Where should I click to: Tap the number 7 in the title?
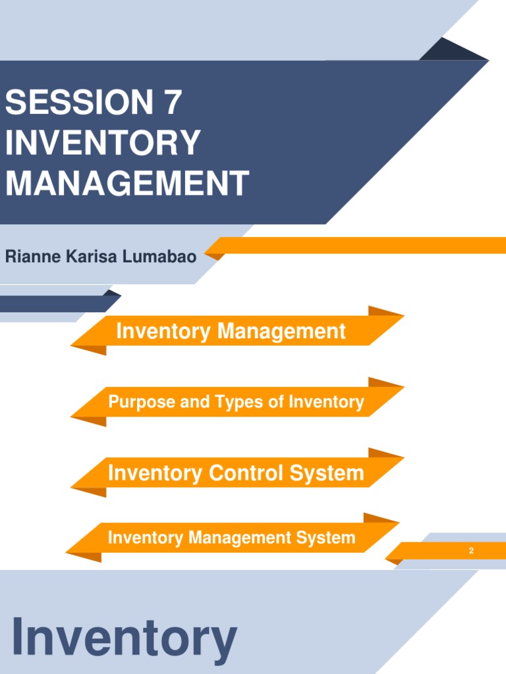coord(170,104)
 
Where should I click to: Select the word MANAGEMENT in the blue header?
coord(126,183)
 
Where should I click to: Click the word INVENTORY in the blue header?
coord(102,143)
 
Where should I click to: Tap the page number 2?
coord(471,551)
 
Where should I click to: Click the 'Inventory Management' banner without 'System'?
coord(231,331)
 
